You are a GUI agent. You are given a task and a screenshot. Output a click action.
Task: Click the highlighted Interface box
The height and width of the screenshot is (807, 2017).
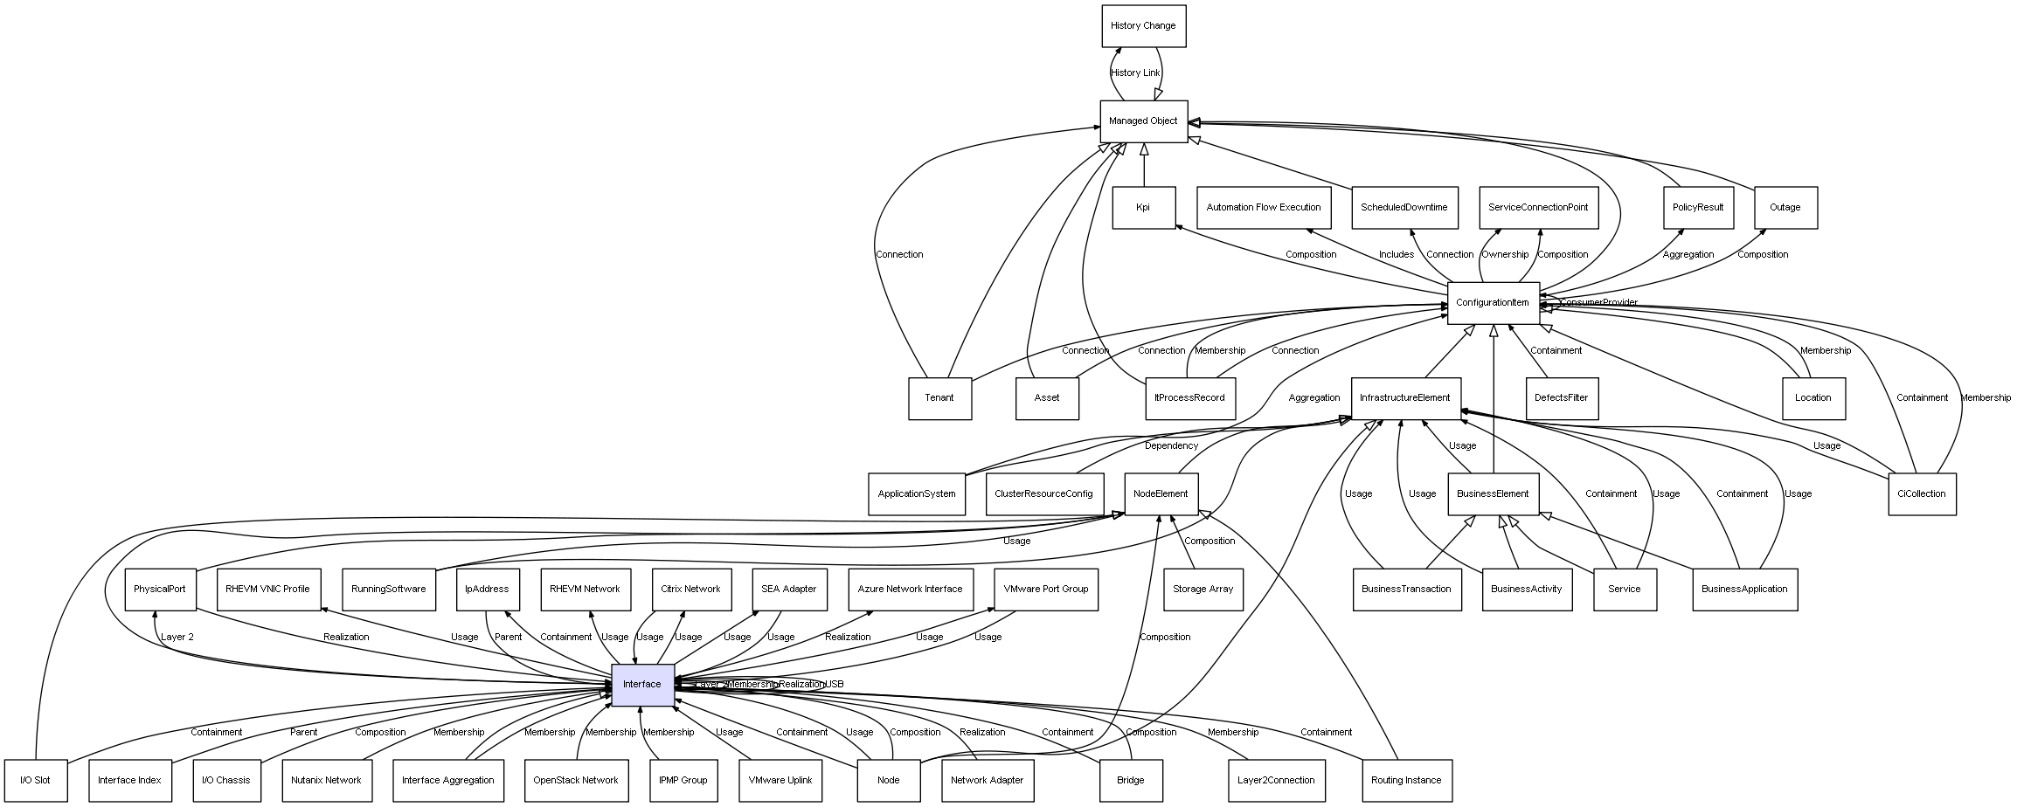coord(642,685)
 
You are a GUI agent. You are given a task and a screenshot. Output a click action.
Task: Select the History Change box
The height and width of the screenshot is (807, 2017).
coord(1143,26)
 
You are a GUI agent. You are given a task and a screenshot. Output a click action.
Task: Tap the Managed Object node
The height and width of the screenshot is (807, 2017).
coord(1143,121)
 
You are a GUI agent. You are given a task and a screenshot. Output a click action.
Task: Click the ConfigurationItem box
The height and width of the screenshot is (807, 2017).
coord(1493,303)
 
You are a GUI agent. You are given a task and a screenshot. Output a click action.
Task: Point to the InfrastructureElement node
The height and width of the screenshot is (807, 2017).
coord(1404,398)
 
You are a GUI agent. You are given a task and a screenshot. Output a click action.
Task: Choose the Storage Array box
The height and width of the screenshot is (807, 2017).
coord(1203,590)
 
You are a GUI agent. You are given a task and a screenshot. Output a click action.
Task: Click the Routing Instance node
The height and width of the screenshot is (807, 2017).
coord(1406,781)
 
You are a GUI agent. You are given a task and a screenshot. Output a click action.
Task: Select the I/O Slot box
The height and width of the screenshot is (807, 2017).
coord(36,781)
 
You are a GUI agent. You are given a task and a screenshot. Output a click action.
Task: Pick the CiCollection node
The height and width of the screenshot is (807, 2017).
coord(1922,494)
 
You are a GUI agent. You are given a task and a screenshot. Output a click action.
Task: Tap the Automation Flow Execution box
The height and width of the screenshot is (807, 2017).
coord(1264,208)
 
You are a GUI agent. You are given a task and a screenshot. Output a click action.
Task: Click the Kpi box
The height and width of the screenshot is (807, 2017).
coord(1143,208)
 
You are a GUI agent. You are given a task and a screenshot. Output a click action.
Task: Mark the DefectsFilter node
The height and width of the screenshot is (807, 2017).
coord(1562,398)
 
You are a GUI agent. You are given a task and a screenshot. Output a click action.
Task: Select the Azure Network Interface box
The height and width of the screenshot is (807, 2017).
coord(910,590)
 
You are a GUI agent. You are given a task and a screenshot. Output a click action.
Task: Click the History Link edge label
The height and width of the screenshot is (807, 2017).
coord(1135,73)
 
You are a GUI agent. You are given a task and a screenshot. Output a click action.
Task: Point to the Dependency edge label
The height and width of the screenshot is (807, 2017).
coord(1171,446)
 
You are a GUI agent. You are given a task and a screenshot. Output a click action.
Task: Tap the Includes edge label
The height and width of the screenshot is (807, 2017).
coord(1397,255)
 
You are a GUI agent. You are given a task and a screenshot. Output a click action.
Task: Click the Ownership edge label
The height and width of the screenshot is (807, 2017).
coord(1505,255)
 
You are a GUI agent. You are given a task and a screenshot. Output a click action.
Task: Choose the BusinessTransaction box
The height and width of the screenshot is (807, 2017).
coord(1406,590)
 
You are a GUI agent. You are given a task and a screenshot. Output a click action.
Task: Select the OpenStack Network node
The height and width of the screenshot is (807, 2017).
coord(576,781)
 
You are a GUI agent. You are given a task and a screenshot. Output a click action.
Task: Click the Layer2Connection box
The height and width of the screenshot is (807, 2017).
coord(1276,781)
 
